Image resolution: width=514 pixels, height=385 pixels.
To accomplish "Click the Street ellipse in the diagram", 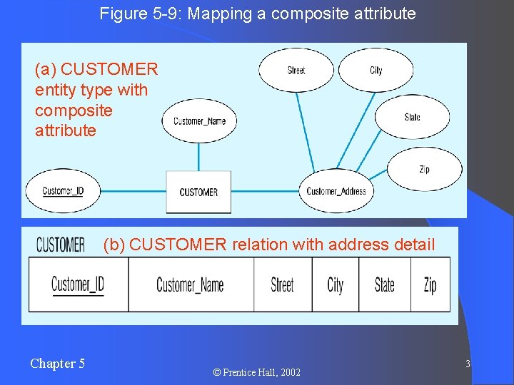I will pyautogui.click(x=296, y=70).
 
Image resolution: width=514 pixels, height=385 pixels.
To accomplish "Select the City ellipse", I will pyautogui.click(x=376, y=70).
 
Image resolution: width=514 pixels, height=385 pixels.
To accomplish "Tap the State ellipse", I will pyautogui.click(x=412, y=117).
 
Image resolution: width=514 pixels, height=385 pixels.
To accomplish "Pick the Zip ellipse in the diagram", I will pyautogui.click(x=424, y=169).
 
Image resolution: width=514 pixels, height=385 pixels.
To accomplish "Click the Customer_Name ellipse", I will pyautogui.click(x=199, y=121).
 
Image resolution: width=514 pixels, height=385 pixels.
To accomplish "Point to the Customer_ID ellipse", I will pyautogui.click(x=63, y=191).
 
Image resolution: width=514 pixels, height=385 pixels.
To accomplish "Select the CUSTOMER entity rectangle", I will pyautogui.click(x=198, y=192).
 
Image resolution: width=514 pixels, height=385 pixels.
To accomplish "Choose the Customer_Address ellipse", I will pyautogui.click(x=336, y=191).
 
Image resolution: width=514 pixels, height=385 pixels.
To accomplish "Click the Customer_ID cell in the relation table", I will pyautogui.click(x=78, y=284).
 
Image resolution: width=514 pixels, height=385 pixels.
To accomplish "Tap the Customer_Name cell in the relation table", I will pyautogui.click(x=190, y=284).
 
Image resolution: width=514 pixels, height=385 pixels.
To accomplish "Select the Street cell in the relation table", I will pyautogui.click(x=282, y=284).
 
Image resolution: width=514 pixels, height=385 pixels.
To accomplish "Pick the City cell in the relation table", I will pyautogui.click(x=335, y=284).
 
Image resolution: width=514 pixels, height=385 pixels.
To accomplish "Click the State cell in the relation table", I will pyautogui.click(x=384, y=284).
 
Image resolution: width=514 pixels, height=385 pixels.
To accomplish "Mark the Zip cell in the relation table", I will pyautogui.click(x=430, y=284).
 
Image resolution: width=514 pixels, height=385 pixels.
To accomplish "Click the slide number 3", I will pyautogui.click(x=468, y=364).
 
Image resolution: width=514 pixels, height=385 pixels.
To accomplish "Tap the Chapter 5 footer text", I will pyautogui.click(x=57, y=364).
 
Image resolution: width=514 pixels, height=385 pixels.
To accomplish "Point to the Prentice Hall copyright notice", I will pyautogui.click(x=257, y=372).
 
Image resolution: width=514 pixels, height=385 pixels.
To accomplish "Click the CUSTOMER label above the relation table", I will pyautogui.click(x=61, y=245).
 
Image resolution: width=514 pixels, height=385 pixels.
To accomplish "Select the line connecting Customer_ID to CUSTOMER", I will pyautogui.click(x=133, y=191).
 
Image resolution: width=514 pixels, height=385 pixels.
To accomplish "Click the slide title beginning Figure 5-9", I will pyautogui.click(x=257, y=14).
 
